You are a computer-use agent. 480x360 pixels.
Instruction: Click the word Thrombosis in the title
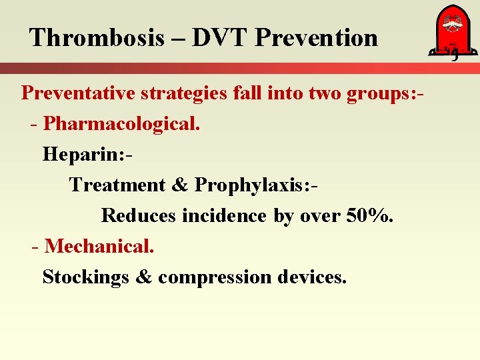[x=97, y=38]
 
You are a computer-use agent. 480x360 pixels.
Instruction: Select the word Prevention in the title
[x=316, y=38]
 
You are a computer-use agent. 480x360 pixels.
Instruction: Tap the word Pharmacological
[x=122, y=123]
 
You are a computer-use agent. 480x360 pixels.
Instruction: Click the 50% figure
[x=369, y=215]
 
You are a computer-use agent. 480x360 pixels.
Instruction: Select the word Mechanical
[x=99, y=246]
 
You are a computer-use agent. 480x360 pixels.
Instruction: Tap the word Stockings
[x=85, y=277]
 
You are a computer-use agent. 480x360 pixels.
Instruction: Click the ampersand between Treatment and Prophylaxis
[x=180, y=185]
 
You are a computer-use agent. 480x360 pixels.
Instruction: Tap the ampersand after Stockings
[x=143, y=277]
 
